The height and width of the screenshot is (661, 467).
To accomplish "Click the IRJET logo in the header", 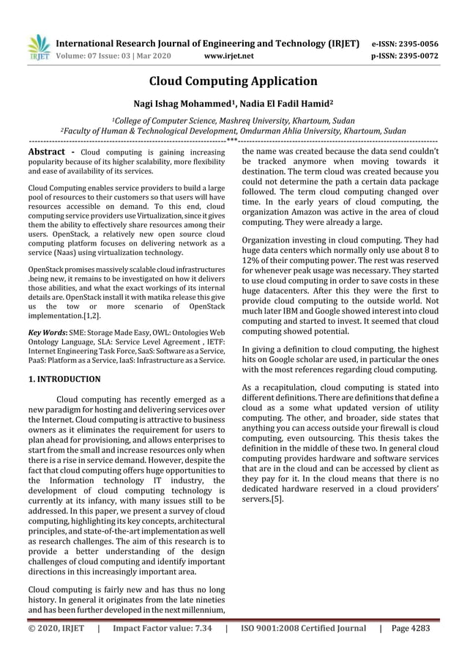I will click(39, 45).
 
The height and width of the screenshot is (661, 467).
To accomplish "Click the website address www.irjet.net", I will click(230, 56).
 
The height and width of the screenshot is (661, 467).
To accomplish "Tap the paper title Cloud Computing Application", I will click(233, 81).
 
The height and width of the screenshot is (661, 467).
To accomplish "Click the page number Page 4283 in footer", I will click(411, 628).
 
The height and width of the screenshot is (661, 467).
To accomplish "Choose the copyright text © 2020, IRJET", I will click(56, 628).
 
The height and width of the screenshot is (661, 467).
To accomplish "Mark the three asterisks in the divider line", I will click(232, 140).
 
